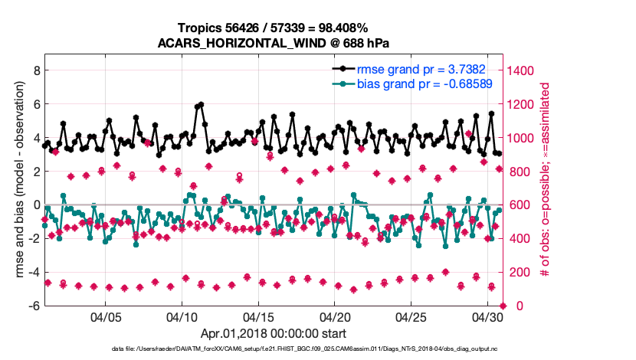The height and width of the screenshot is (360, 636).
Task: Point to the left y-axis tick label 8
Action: coord(35,70)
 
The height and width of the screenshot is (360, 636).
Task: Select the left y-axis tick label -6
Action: coord(33,306)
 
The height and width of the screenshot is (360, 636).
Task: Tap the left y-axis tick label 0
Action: coord(35,205)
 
